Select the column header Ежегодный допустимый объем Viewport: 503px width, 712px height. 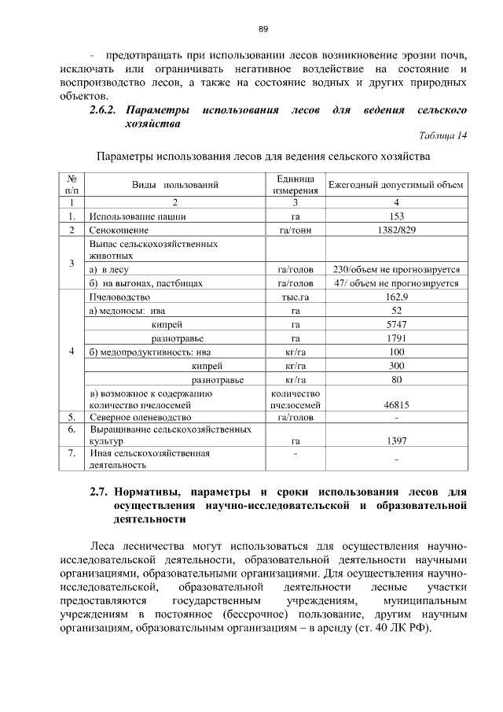pos(396,185)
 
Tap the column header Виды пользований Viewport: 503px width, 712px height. pos(174,185)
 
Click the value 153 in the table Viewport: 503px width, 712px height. pos(396,216)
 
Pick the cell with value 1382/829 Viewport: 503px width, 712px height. pos(396,230)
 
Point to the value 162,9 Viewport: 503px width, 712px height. pos(396,297)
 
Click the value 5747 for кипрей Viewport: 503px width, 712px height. pos(396,324)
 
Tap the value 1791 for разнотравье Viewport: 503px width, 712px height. pos(396,338)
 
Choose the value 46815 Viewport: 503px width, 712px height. pos(396,404)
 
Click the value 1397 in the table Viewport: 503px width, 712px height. pos(396,442)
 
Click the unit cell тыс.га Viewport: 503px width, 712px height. pos(295,297)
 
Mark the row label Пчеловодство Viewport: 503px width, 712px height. pos(120,297)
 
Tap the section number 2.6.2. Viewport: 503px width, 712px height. pos(108,109)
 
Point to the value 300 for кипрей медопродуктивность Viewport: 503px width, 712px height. pos(396,366)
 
